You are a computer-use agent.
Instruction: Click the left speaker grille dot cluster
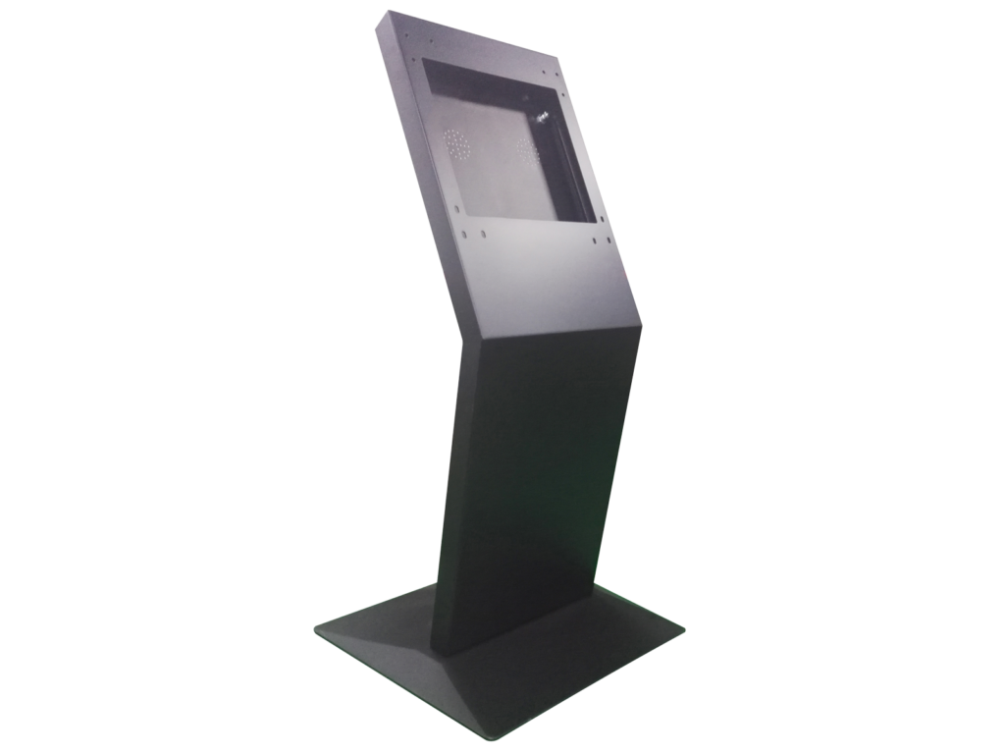click(456, 144)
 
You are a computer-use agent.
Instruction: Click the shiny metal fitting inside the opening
click(540, 117)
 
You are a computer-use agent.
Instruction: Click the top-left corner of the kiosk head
click(386, 11)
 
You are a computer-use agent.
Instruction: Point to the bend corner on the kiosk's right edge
click(642, 320)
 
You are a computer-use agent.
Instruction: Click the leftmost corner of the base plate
click(314, 629)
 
